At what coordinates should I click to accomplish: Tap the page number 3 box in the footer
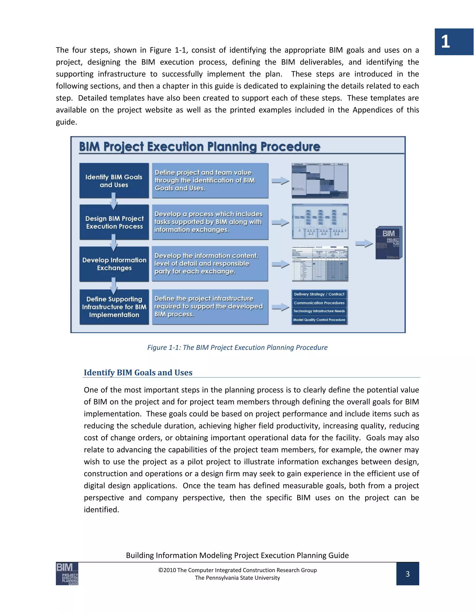tap(408, 574)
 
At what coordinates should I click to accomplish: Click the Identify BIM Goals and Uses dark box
tap(114, 181)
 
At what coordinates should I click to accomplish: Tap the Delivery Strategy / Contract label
tap(319, 294)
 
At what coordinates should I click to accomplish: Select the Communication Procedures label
tap(319, 303)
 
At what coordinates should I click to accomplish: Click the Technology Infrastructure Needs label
tap(319, 311)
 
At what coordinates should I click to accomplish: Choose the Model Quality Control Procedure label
tap(319, 320)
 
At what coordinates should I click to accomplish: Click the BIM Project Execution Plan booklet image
tap(389, 243)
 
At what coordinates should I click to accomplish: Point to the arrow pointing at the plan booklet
tap(364, 244)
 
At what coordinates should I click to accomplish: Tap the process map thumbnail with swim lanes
tap(320, 222)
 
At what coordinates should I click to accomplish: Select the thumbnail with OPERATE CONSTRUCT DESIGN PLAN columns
tap(320, 180)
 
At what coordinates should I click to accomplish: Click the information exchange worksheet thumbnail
tap(320, 264)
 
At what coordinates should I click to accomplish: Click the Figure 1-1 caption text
tap(237, 348)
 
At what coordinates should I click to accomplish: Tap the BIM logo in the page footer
tap(67, 574)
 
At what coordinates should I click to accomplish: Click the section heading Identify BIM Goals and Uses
tap(138, 373)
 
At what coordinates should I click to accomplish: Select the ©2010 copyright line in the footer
tap(237, 570)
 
